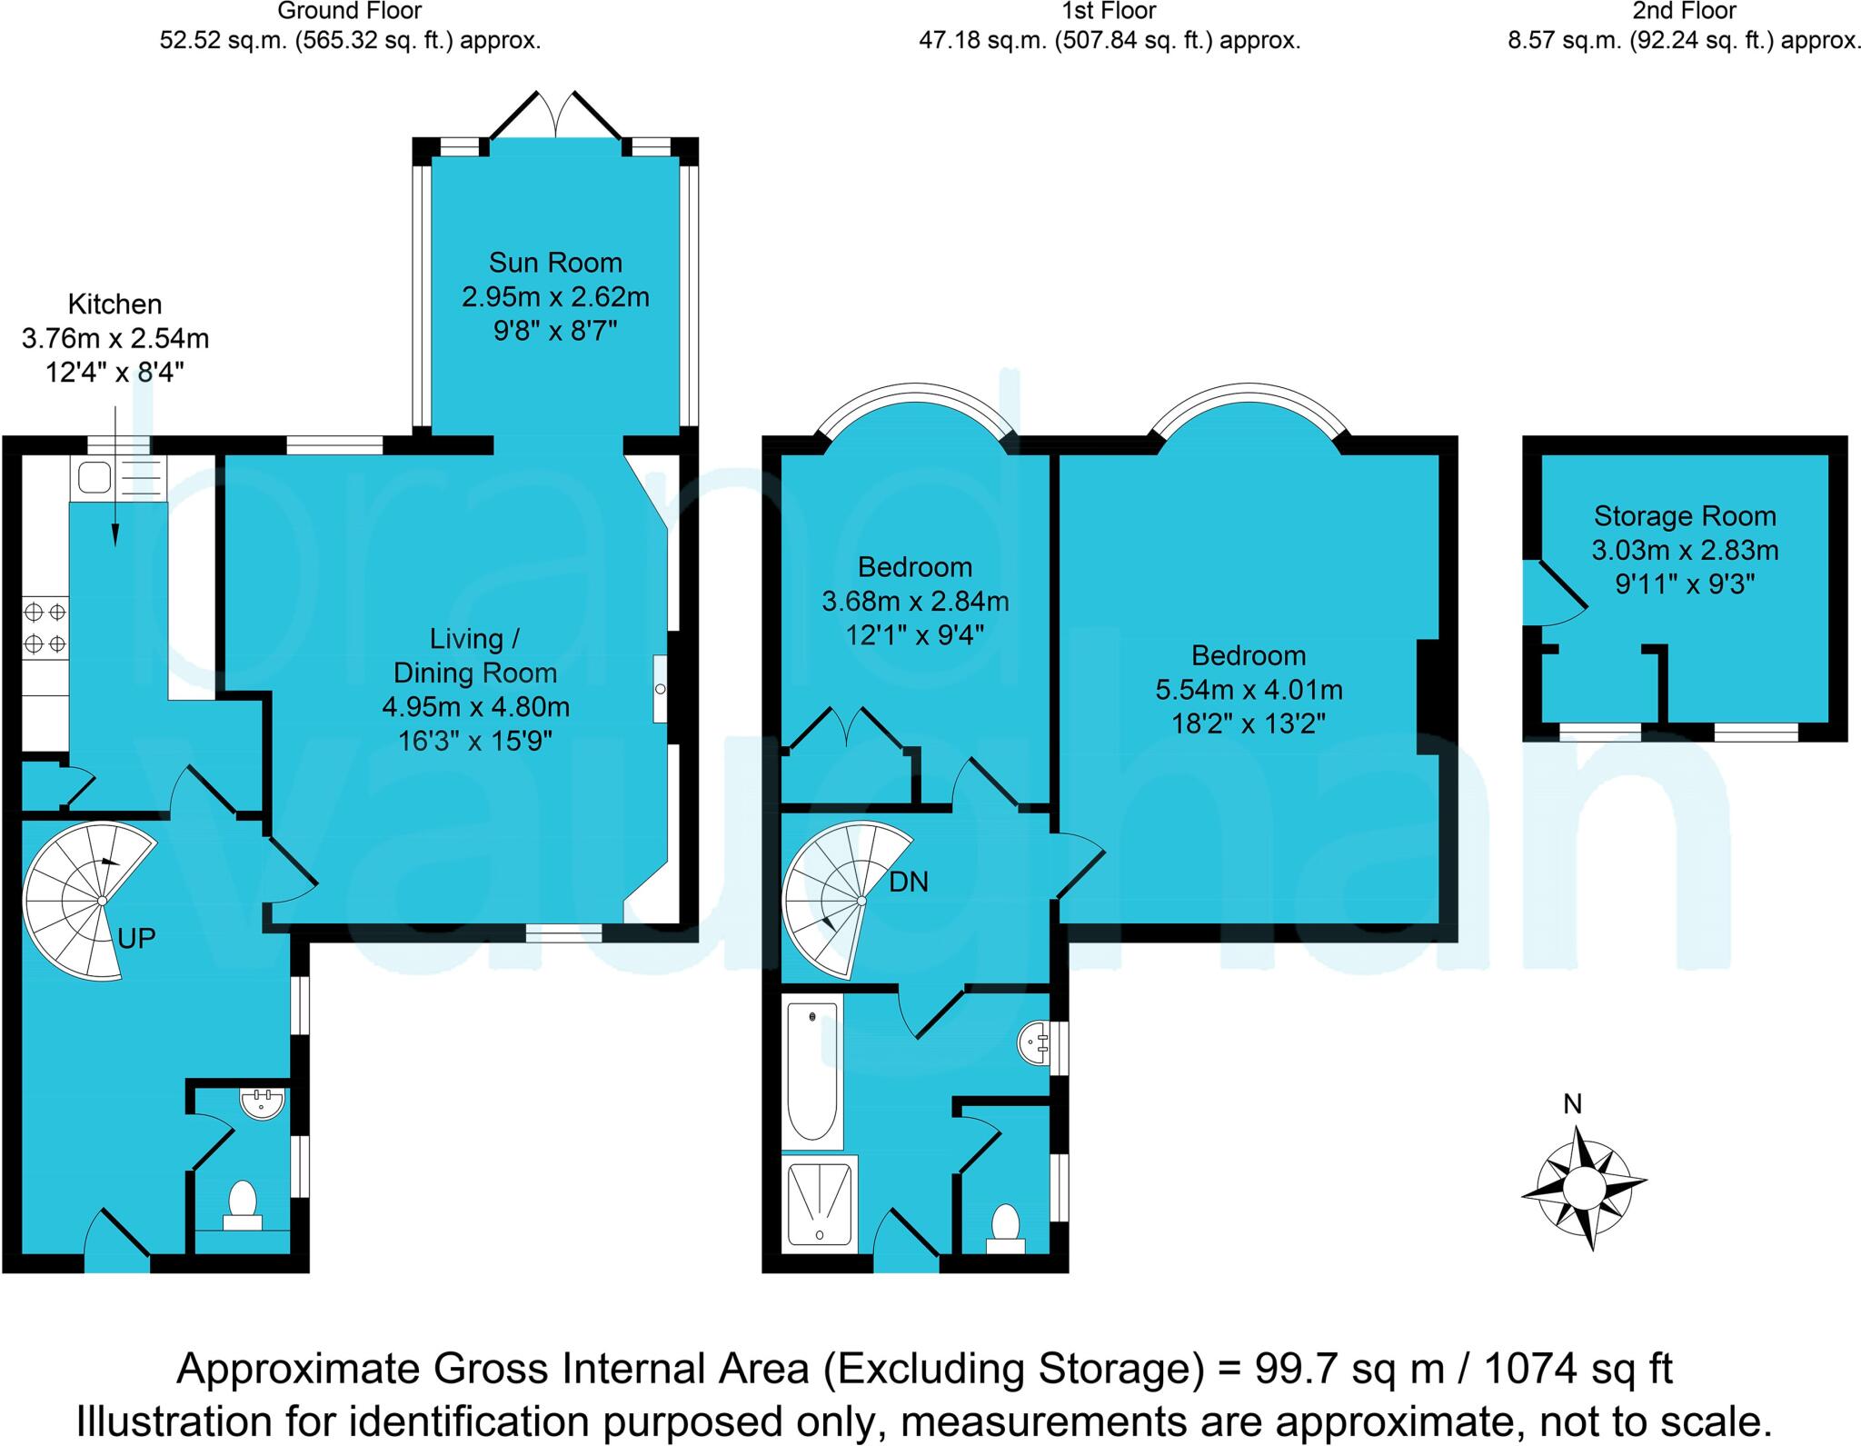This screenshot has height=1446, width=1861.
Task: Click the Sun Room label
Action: pos(555,263)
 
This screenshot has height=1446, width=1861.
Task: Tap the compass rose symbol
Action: pos(1584,1187)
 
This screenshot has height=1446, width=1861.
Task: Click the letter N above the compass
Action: pos(1572,1103)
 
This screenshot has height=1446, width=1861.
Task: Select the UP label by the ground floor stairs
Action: pos(137,938)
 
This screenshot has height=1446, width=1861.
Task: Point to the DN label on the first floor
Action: pos(909,882)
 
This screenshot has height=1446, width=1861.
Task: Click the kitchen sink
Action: pos(95,476)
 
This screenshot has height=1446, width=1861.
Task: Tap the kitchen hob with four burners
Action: pos(45,627)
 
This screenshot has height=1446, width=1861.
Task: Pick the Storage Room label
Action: pos(1684,516)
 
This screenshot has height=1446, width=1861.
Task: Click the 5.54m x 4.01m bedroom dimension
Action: pos(1249,690)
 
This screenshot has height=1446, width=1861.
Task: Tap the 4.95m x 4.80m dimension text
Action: pos(475,706)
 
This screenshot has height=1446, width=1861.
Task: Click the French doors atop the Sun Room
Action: pos(556,114)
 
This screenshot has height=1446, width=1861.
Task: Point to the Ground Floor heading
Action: pos(350,12)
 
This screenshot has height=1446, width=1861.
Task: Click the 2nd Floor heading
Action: pos(1684,12)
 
